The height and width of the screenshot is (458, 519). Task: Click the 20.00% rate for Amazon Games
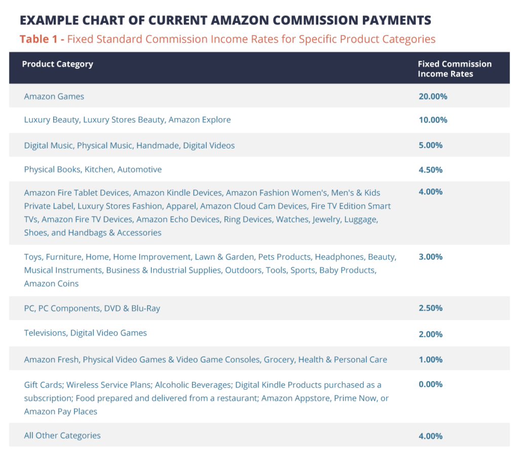(x=432, y=96)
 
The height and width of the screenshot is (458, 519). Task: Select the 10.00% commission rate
(x=432, y=120)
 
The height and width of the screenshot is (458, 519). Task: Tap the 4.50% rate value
(x=430, y=170)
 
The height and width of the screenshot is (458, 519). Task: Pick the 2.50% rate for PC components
(x=430, y=308)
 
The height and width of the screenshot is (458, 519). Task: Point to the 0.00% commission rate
(x=430, y=385)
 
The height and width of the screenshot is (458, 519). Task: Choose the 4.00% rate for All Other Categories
(x=430, y=436)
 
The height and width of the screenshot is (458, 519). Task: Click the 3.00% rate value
(x=430, y=257)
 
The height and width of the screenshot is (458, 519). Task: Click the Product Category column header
(x=57, y=64)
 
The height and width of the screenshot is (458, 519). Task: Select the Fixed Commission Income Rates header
(x=454, y=68)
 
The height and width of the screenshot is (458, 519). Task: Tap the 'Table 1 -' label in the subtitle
(x=42, y=39)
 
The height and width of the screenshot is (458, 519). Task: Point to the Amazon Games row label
(x=54, y=96)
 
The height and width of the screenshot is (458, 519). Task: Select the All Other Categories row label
(x=62, y=436)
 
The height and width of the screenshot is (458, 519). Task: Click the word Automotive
(x=139, y=170)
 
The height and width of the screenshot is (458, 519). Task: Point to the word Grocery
(x=278, y=360)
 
